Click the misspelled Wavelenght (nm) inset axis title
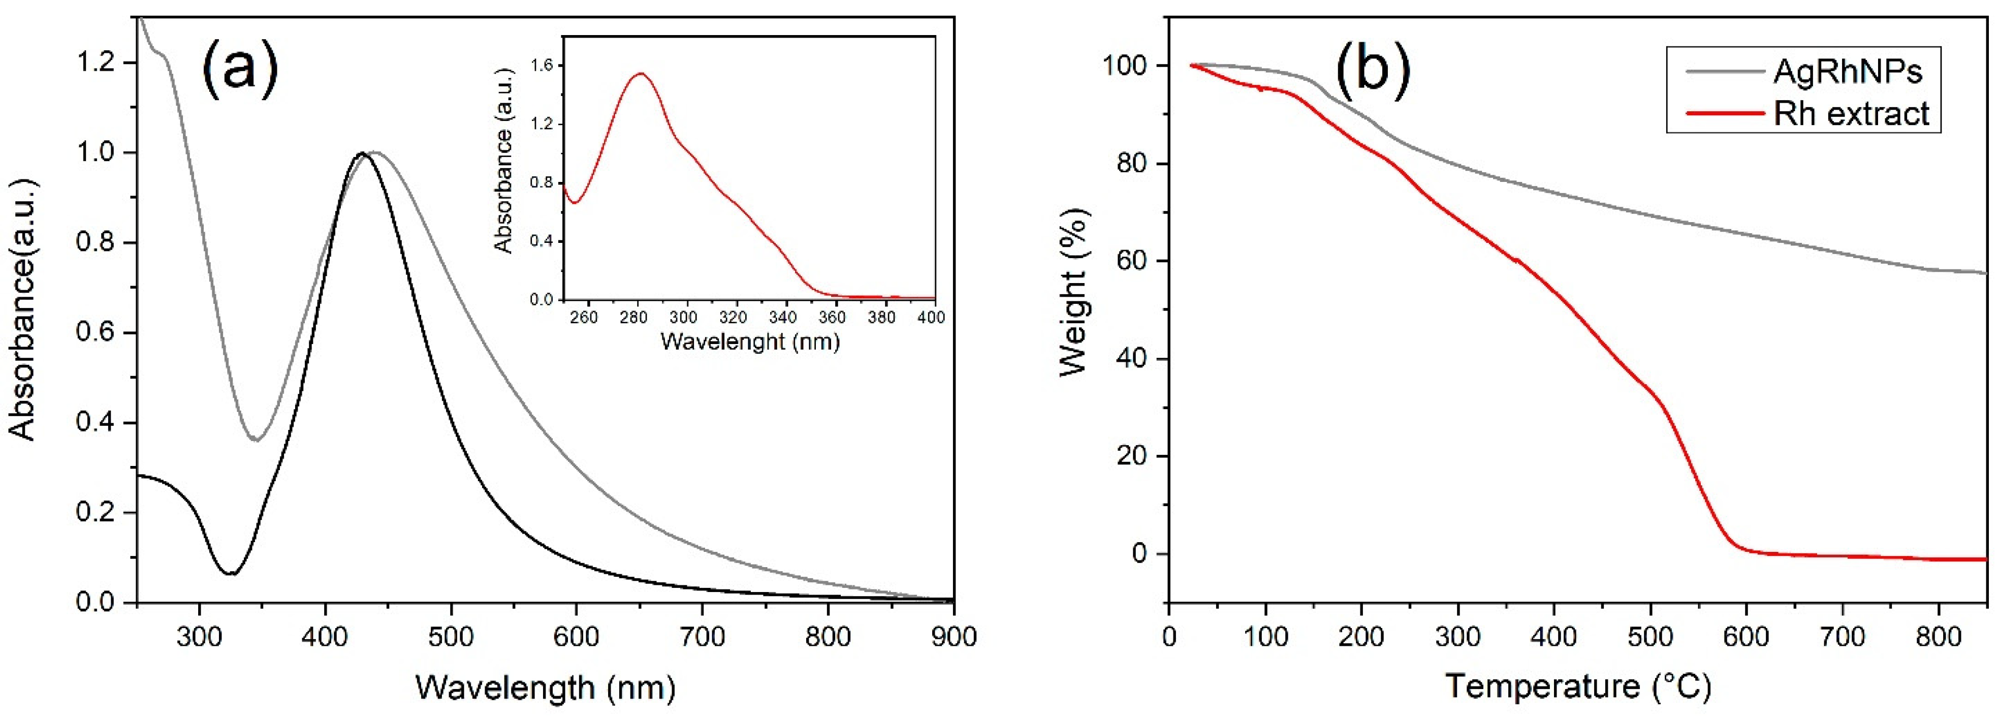point(750,341)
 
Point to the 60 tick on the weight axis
point(1131,262)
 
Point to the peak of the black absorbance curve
point(361,153)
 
